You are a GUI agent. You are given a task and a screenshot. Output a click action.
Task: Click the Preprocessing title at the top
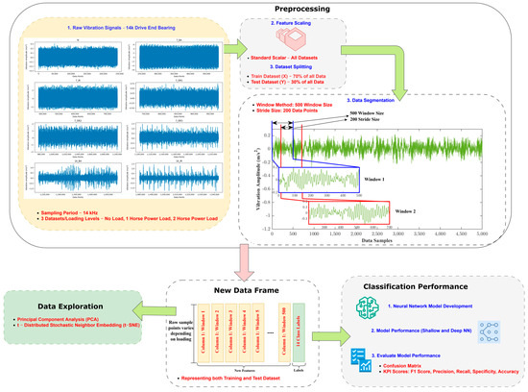(264, 8)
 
